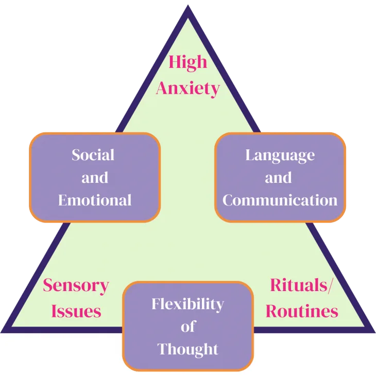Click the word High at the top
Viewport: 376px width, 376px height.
tap(188, 62)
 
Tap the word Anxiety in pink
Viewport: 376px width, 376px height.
tap(188, 88)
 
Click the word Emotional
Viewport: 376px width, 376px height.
tap(95, 200)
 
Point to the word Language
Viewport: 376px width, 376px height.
tap(280, 155)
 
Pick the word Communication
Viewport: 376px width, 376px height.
tap(280, 200)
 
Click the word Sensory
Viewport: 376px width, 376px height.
tap(76, 285)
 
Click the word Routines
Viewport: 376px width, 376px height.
tap(302, 311)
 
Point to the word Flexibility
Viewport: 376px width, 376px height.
tap(187, 304)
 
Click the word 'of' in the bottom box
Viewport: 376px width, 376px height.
tap(187, 327)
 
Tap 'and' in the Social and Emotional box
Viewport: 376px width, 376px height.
tap(95, 178)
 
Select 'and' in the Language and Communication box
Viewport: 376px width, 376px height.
tap(278, 178)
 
